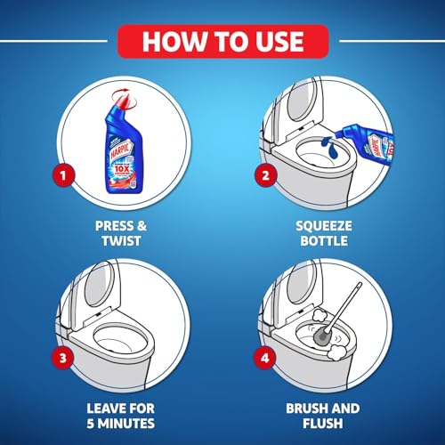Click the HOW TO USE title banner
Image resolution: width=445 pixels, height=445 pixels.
tap(222, 40)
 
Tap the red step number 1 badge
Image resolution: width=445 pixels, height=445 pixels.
tap(61, 174)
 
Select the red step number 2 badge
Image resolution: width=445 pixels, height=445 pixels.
tap(265, 174)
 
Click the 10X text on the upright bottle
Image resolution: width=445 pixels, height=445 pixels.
tap(132, 142)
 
